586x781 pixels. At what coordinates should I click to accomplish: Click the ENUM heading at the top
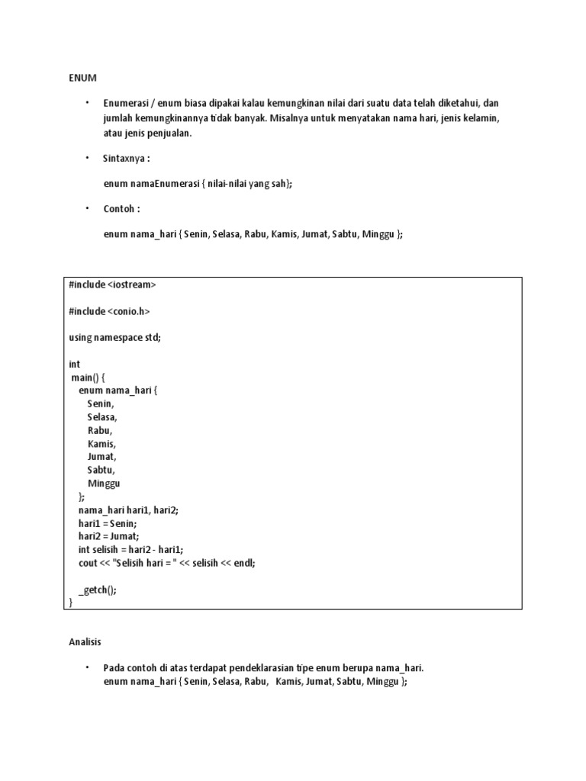[83, 78]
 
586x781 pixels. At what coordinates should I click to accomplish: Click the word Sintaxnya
[124, 159]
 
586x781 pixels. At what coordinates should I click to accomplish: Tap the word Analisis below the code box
[85, 642]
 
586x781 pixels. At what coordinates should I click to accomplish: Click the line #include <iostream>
[112, 284]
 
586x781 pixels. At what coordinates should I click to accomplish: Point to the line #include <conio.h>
[109, 311]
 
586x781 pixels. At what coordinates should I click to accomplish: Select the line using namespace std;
[114, 338]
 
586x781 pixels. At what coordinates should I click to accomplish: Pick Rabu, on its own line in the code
[100, 430]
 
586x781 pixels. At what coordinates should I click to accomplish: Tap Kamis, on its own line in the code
[102, 443]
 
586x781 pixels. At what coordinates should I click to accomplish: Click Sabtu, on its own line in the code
[101, 470]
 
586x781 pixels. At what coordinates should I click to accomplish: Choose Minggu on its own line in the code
[104, 484]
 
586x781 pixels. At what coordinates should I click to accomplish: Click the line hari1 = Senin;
[108, 523]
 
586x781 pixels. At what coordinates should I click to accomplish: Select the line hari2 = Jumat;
[109, 536]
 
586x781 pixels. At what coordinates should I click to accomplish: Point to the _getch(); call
[98, 590]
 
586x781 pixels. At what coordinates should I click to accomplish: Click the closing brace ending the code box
[71, 603]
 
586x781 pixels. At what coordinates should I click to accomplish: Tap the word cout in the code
[88, 563]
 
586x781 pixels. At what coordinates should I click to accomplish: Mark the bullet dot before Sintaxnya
[87, 158]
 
